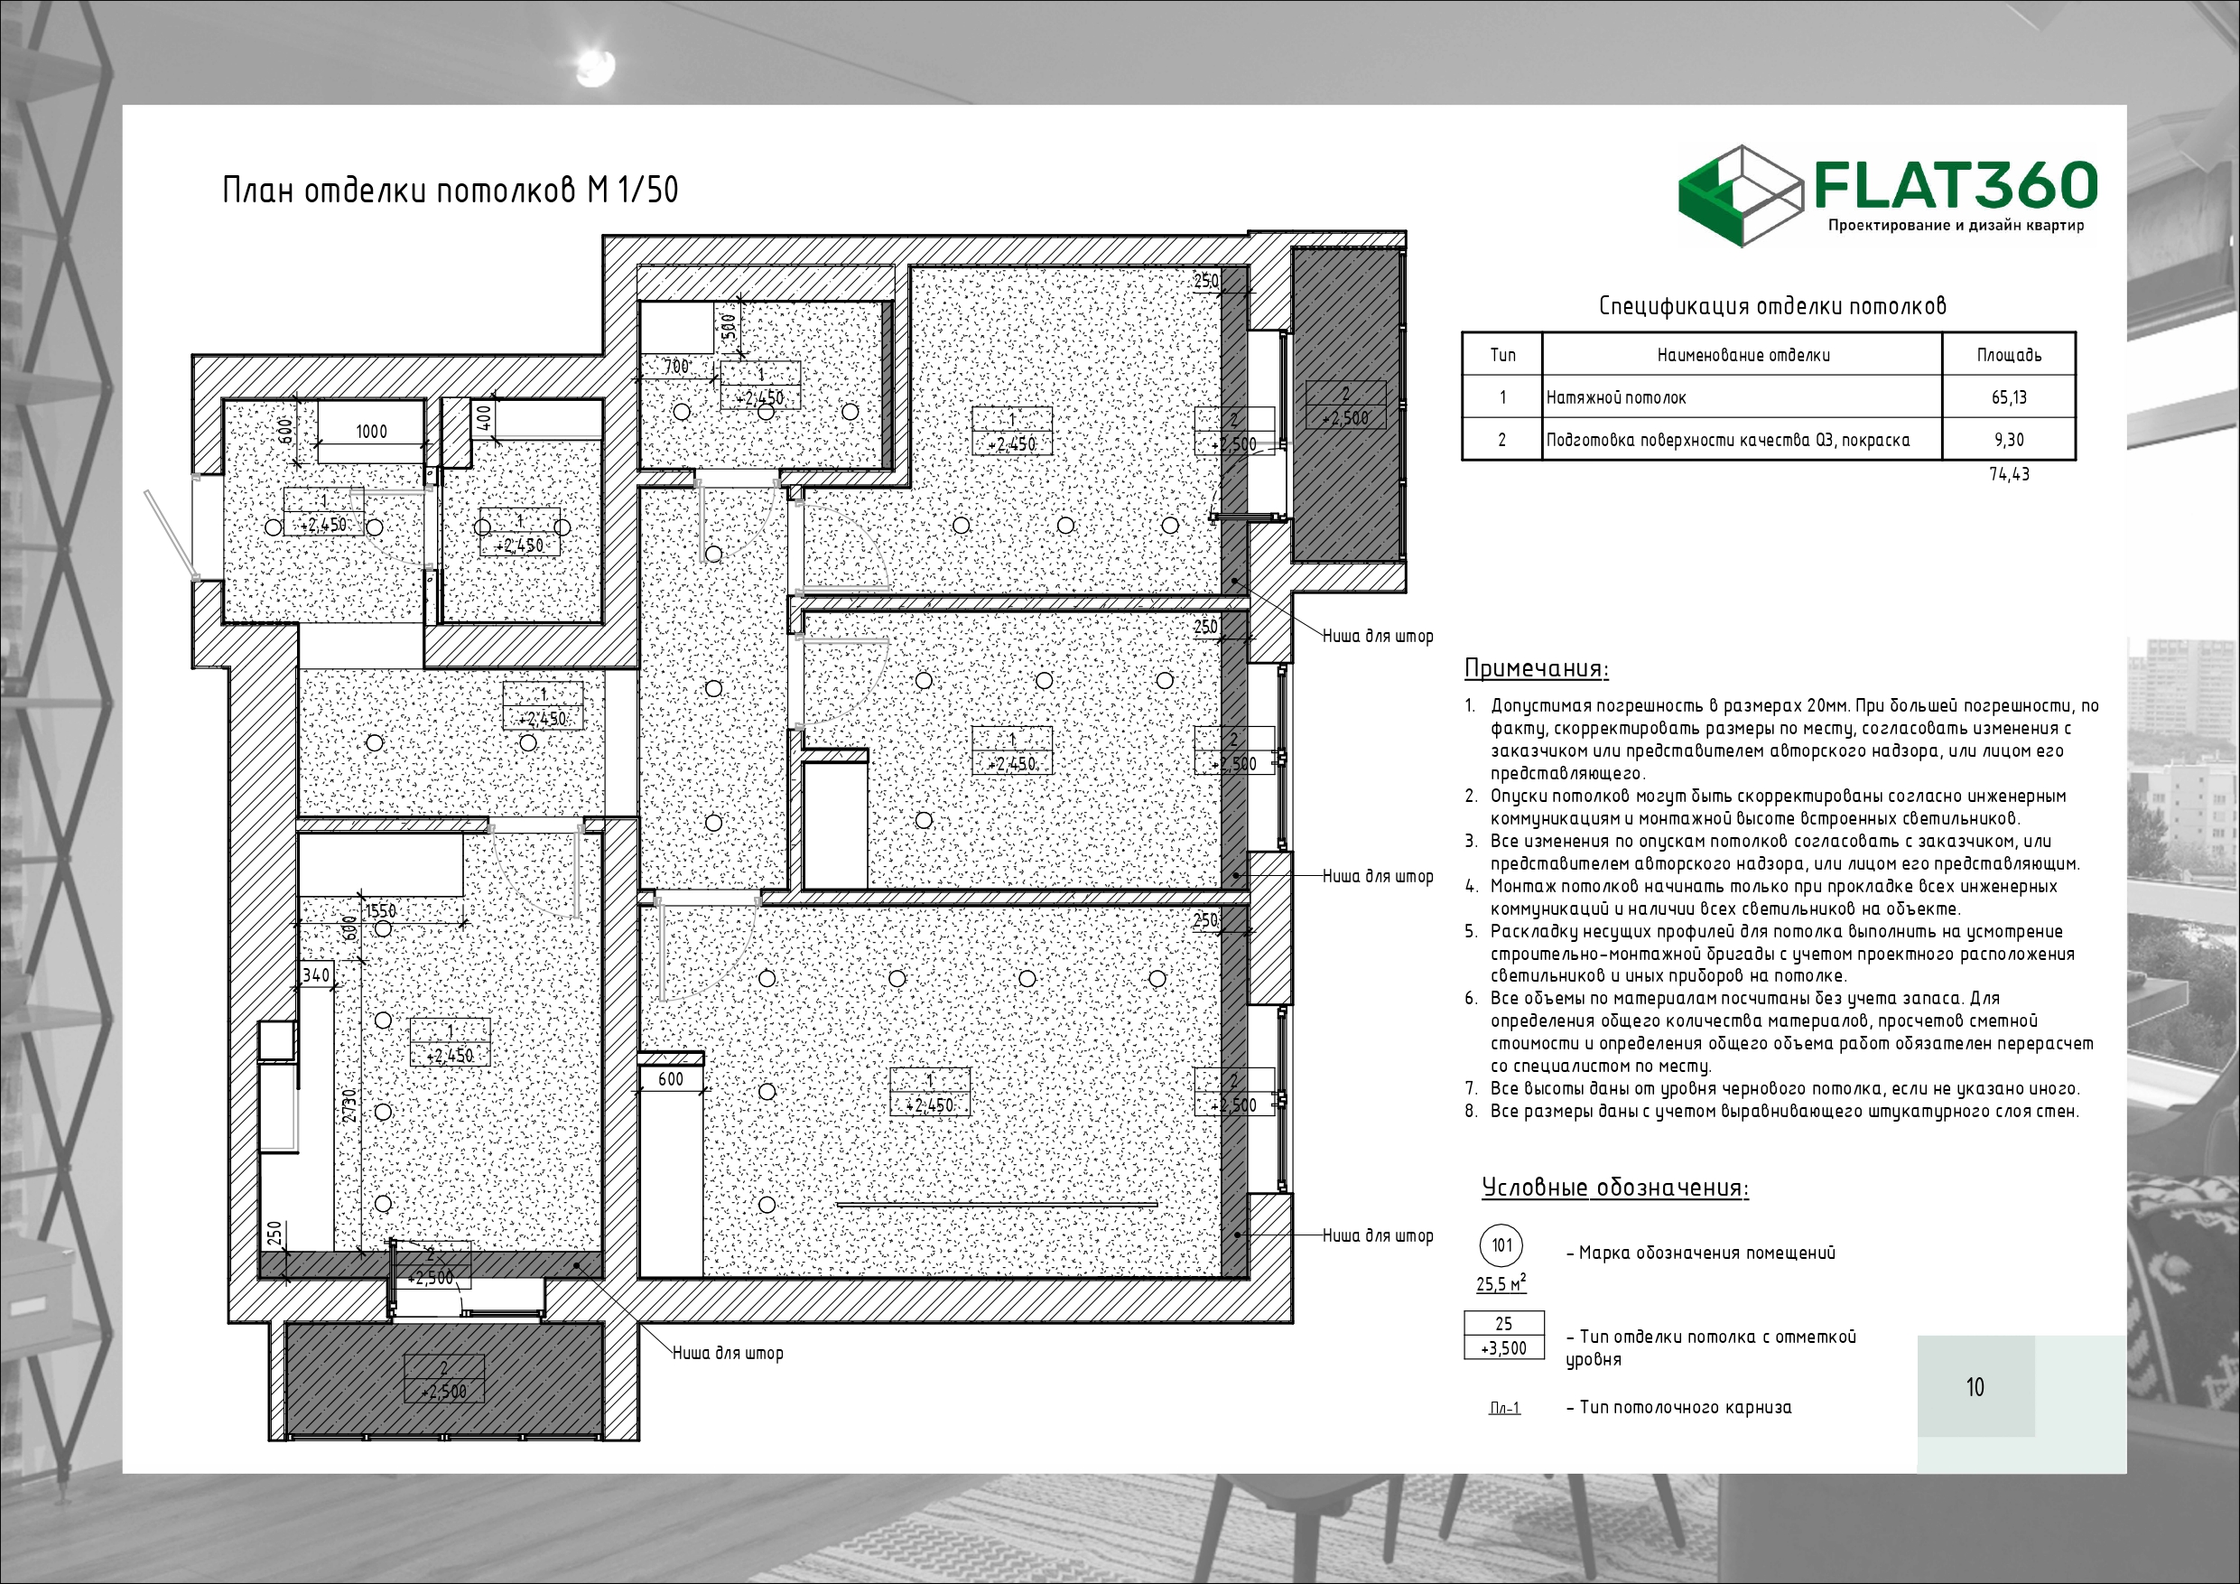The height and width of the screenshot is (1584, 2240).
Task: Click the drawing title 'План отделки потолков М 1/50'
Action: [450, 190]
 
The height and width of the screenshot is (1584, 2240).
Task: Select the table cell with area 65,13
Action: [2009, 397]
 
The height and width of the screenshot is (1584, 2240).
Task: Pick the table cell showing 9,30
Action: [2009, 439]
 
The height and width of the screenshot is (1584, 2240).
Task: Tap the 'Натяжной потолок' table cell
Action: [1743, 397]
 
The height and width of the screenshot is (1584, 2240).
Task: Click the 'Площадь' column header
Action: [2009, 354]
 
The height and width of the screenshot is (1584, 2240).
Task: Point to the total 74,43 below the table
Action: [2009, 474]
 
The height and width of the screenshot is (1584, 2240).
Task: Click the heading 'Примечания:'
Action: [1537, 668]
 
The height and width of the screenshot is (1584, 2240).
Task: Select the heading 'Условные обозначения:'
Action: [1614, 1187]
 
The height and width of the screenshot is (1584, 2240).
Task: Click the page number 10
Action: [1975, 1387]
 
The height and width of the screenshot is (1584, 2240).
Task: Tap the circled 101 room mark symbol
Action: [1501, 1244]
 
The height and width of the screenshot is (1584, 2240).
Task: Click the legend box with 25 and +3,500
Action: [1503, 1335]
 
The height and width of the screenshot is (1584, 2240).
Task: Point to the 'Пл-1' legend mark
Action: [1504, 1408]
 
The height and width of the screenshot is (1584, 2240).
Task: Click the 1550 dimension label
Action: [380, 910]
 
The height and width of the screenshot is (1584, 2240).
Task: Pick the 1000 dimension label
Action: [371, 432]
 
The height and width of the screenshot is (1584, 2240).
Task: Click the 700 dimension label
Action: [676, 367]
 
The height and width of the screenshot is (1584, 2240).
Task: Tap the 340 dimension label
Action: [316, 975]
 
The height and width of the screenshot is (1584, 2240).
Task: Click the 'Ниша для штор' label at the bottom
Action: [728, 1354]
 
